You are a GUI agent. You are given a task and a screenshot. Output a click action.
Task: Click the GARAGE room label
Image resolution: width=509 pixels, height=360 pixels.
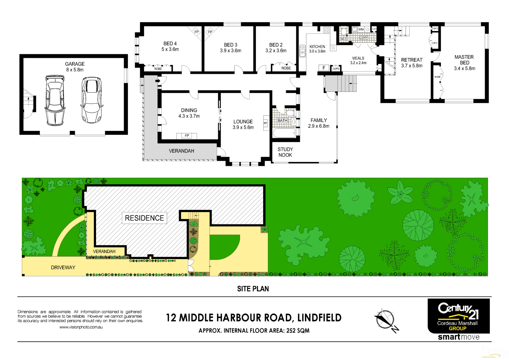[x=75, y=64]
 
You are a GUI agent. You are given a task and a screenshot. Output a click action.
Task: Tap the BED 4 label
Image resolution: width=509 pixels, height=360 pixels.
[x=170, y=44]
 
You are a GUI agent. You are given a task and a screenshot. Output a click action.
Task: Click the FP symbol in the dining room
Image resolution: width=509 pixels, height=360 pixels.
[x=187, y=136]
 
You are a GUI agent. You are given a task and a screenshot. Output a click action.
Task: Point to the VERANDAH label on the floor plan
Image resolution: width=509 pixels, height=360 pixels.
[x=181, y=151]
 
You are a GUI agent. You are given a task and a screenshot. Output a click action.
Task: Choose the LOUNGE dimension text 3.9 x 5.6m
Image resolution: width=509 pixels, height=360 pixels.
[x=243, y=128]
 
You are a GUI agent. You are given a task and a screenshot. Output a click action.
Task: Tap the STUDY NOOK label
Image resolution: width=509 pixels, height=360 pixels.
[x=285, y=152]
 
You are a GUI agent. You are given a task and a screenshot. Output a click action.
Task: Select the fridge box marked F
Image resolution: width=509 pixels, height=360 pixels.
[x=324, y=68]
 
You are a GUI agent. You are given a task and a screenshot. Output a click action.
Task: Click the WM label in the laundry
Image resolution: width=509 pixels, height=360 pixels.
[x=361, y=29]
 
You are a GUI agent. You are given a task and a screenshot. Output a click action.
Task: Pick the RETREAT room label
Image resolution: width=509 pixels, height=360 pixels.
[x=412, y=60]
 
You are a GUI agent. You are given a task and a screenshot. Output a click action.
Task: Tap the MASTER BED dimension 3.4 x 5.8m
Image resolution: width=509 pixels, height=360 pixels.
[x=464, y=68]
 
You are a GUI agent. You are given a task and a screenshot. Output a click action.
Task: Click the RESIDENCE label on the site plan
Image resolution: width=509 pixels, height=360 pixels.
[x=144, y=218]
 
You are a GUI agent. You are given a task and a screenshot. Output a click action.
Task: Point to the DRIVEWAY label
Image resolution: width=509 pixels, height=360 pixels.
[x=63, y=268]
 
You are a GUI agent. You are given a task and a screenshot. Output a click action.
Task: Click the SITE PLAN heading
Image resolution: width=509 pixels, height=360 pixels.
[x=253, y=289]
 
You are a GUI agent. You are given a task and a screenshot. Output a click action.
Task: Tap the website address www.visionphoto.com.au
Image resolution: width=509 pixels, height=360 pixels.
[x=81, y=327]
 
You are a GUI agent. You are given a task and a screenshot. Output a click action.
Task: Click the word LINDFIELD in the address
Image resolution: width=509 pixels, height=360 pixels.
[x=319, y=318]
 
